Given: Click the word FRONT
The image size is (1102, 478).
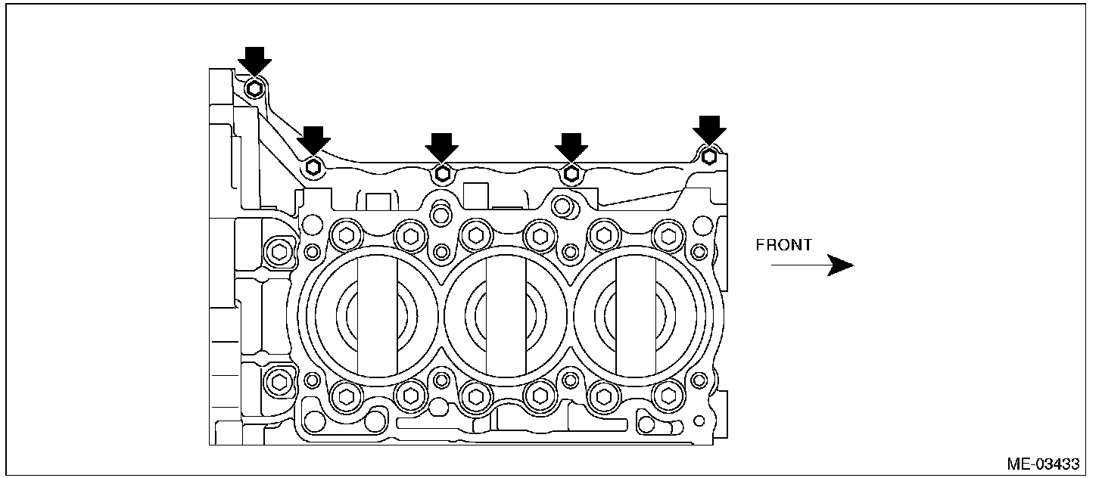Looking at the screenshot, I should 784,245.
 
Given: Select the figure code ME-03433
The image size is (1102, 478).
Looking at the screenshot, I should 1043,464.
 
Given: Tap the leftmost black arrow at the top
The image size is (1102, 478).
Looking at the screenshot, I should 254,61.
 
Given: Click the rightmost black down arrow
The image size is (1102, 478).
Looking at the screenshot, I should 709,129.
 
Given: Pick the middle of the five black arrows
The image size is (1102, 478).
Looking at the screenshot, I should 442,147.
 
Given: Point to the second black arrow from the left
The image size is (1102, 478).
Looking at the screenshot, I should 313,140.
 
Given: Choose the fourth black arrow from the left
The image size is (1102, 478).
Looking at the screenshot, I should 571,147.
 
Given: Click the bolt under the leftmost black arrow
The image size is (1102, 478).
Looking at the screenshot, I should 255,88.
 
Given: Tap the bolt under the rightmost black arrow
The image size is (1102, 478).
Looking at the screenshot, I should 709,157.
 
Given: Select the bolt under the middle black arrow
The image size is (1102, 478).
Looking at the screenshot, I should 443,175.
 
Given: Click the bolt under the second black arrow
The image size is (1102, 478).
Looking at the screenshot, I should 314,166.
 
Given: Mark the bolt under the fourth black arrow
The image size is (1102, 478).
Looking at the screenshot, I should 572,175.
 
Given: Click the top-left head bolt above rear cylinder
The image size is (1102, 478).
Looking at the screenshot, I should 347,235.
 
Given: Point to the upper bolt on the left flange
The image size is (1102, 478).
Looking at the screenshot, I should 279,251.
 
